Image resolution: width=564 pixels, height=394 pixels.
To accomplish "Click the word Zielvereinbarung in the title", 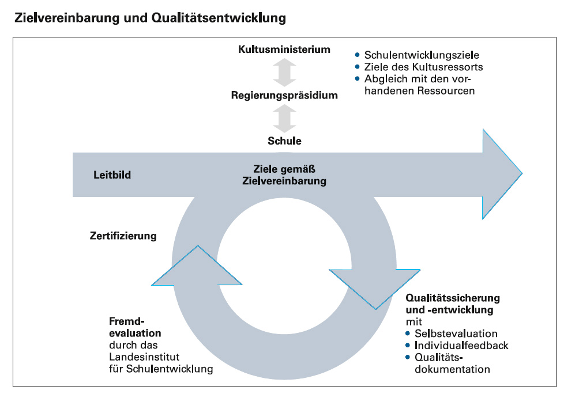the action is tap(66, 18).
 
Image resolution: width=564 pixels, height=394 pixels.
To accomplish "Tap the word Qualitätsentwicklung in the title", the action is tap(219, 18).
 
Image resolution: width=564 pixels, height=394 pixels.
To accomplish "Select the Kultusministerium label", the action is tap(284, 49).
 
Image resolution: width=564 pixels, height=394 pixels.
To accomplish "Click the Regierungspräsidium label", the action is tap(284, 95).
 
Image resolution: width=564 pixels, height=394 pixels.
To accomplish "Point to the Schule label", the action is tap(284, 141).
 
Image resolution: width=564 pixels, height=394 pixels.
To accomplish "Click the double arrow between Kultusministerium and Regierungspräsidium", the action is tap(284, 72).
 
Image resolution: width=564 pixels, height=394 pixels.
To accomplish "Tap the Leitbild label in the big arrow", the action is tap(112, 175).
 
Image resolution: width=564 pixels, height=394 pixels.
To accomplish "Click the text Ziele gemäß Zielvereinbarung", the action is tap(284, 175).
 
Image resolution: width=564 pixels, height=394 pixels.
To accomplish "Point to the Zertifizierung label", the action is tap(123, 236).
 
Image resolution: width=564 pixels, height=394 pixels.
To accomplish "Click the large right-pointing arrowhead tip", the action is tap(522, 174).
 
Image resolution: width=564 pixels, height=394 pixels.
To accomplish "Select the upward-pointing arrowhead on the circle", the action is tap(197, 265).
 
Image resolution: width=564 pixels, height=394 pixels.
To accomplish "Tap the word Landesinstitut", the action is tap(144, 357).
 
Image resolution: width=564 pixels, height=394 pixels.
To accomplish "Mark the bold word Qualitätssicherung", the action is tap(453, 298).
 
